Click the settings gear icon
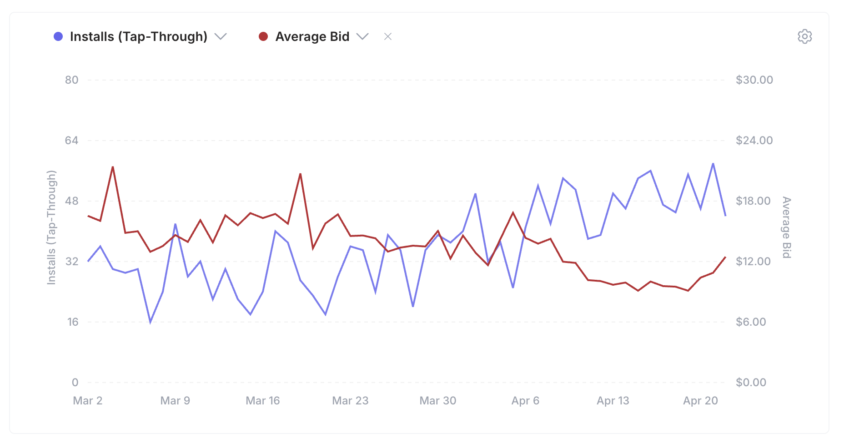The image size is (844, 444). (804, 36)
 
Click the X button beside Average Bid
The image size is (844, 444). (387, 36)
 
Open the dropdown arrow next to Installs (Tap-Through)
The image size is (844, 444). (221, 36)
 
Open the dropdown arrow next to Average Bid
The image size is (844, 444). (362, 36)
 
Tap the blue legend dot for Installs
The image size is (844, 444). (58, 36)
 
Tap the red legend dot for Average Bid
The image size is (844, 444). (263, 36)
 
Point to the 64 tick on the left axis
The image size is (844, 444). (71, 141)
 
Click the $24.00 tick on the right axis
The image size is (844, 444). (754, 141)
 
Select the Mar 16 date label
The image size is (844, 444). (262, 401)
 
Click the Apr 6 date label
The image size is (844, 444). (525, 401)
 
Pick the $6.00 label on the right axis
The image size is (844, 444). (751, 322)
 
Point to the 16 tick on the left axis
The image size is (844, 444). (73, 322)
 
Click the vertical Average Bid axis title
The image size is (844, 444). (786, 227)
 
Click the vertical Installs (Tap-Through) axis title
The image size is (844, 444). (51, 227)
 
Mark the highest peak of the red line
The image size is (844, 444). (113, 167)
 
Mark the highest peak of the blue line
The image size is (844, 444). (713, 163)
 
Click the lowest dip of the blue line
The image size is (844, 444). (151, 322)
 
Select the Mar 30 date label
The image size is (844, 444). (437, 401)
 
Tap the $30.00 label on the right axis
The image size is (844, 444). (754, 80)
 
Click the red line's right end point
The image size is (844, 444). (725, 257)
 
